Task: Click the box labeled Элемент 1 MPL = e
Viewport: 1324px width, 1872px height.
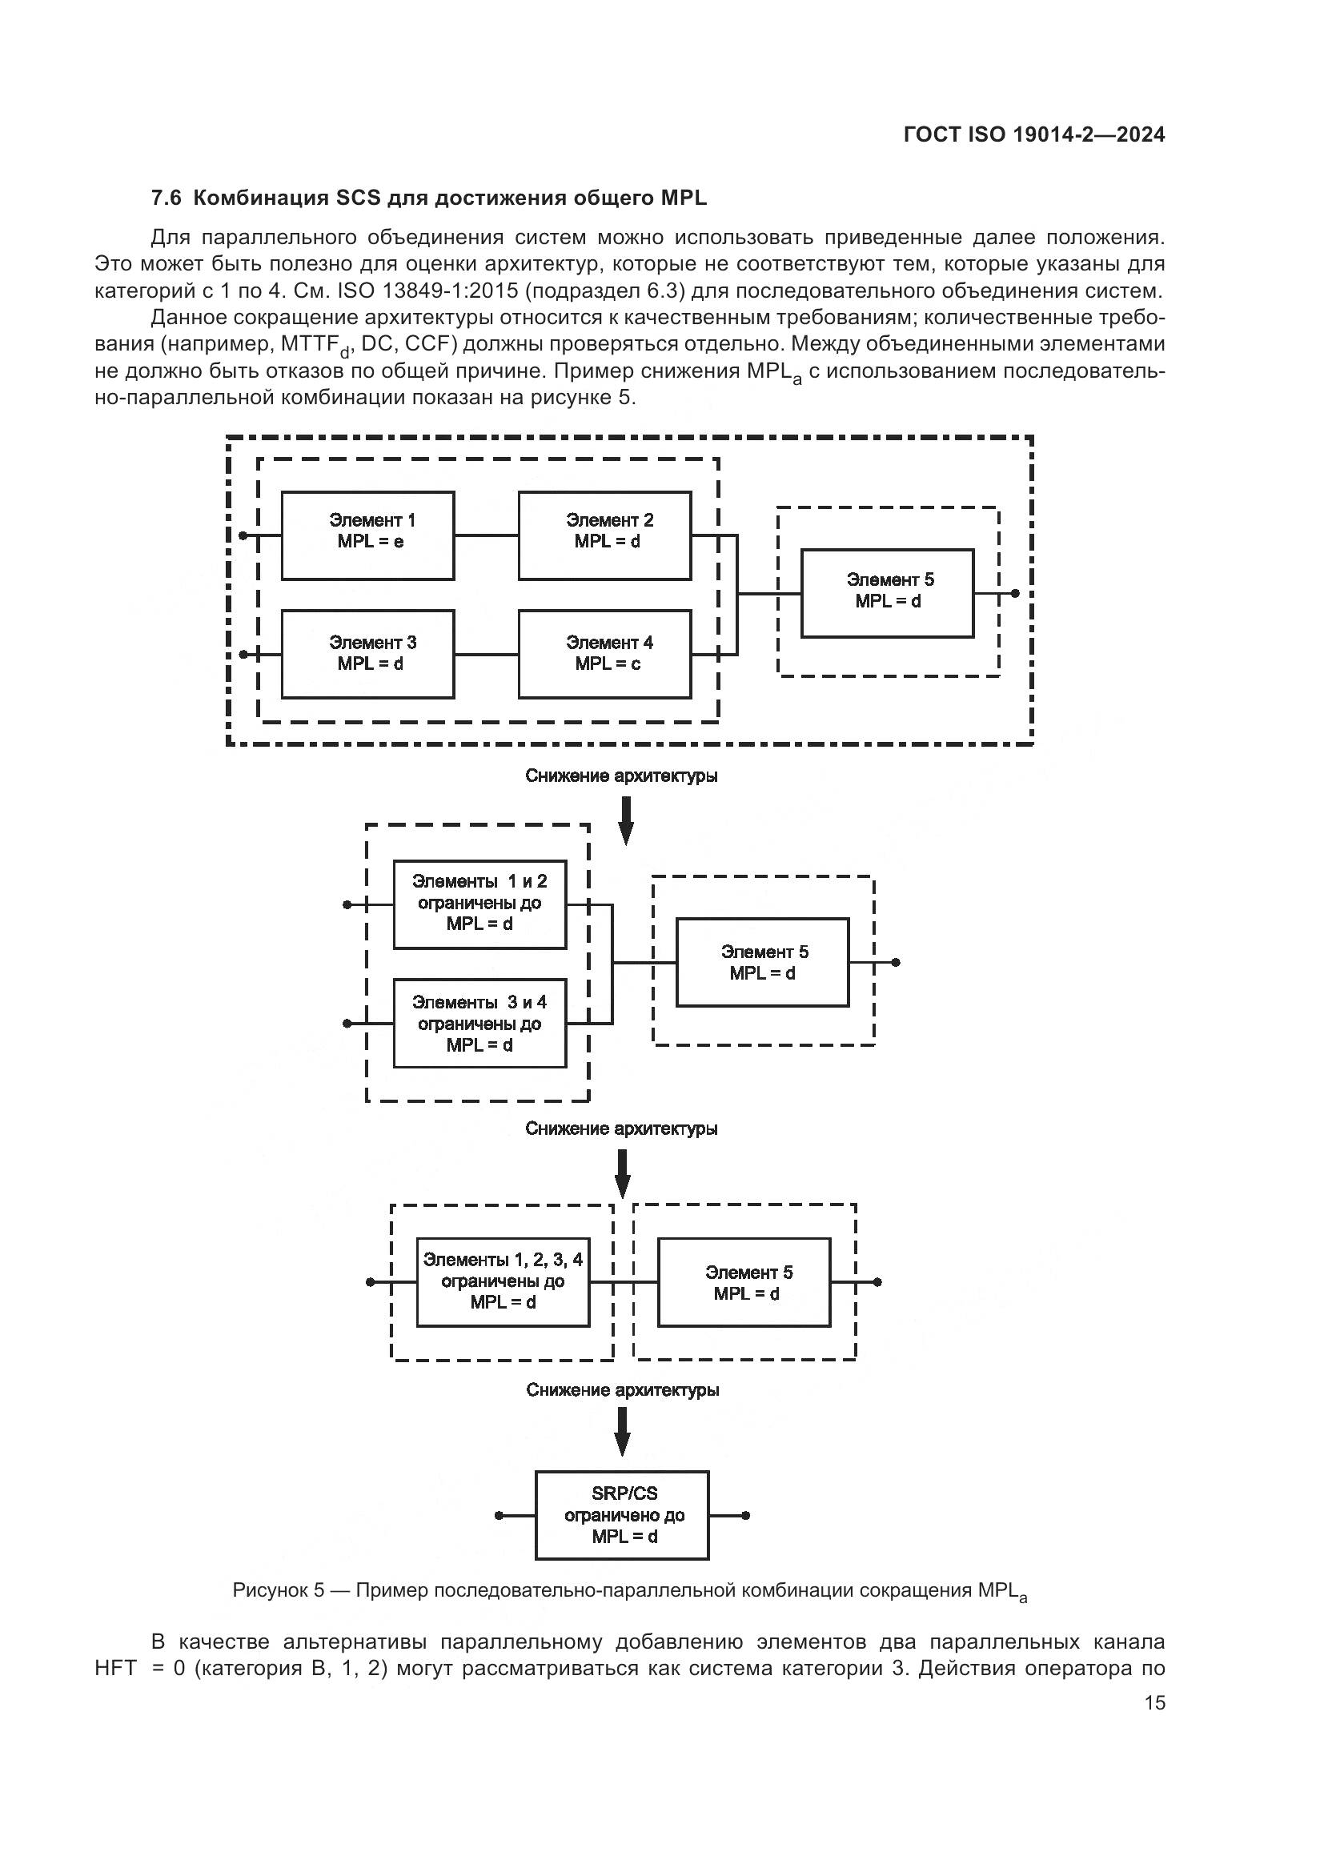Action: (x=367, y=535)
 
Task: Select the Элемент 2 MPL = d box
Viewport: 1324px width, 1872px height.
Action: (x=604, y=535)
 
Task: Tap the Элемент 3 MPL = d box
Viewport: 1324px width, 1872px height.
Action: (x=367, y=654)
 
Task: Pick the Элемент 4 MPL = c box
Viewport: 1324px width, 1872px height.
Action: (x=604, y=654)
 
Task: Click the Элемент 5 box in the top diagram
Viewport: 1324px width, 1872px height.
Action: (x=887, y=594)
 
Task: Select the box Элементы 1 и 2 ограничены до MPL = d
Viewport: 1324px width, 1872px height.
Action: (x=479, y=904)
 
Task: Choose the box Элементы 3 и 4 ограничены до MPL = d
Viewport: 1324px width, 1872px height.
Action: (x=479, y=1024)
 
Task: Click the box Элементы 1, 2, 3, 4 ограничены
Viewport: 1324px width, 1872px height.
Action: (x=502, y=1282)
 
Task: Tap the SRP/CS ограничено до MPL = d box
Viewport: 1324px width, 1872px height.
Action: (x=622, y=1516)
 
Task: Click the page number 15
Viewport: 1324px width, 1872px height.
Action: (x=1154, y=1703)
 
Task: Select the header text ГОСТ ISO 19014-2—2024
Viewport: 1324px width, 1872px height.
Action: (x=1033, y=135)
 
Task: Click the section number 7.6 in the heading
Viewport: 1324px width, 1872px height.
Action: (x=167, y=198)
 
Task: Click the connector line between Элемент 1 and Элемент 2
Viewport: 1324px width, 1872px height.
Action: (x=486, y=535)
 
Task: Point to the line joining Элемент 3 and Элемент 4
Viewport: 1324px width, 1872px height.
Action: (x=486, y=654)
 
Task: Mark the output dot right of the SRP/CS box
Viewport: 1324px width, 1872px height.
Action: (x=746, y=1516)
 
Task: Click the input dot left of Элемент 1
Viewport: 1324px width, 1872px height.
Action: (x=243, y=535)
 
